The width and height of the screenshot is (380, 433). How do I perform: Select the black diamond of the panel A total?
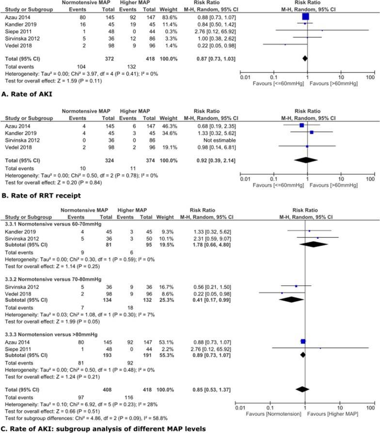pos(304,58)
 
